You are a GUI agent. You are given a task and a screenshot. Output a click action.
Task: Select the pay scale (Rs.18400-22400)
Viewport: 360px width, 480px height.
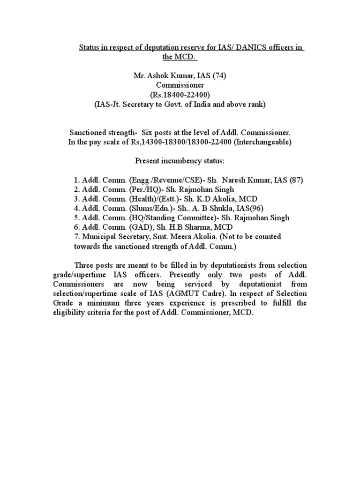(180, 95)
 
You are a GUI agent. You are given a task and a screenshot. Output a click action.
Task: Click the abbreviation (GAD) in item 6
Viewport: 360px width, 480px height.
(136, 227)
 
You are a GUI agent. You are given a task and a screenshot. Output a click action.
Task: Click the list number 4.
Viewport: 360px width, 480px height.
(76, 208)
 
